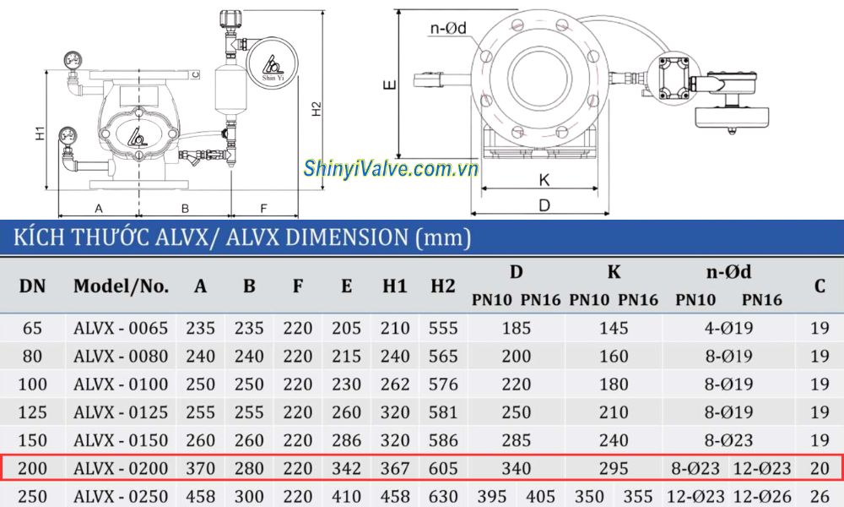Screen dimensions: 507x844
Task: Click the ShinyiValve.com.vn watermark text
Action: pos(391,169)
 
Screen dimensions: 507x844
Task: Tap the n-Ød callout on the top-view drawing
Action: pos(449,28)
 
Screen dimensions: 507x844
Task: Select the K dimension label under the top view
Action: pos(544,180)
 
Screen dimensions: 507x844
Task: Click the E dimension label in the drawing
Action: pos(387,84)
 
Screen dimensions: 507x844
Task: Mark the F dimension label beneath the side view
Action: pos(263,207)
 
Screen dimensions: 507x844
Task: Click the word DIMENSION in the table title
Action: pos(349,237)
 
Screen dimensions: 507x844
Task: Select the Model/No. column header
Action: pos(121,286)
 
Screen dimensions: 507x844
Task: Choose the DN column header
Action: pos(32,286)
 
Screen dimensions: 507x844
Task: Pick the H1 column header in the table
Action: pos(394,286)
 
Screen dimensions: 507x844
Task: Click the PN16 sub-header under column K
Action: pos(638,300)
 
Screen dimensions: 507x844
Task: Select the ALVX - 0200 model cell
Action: pos(121,467)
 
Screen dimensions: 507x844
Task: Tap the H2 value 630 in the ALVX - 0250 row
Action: pos(443,495)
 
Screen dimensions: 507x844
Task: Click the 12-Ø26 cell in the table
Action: pos(762,495)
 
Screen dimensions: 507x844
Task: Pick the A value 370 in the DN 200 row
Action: pos(200,467)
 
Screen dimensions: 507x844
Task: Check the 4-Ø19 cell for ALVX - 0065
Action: pos(728,329)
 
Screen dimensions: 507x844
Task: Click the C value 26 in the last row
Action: pos(820,495)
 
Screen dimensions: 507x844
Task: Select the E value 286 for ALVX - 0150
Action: pos(346,440)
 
